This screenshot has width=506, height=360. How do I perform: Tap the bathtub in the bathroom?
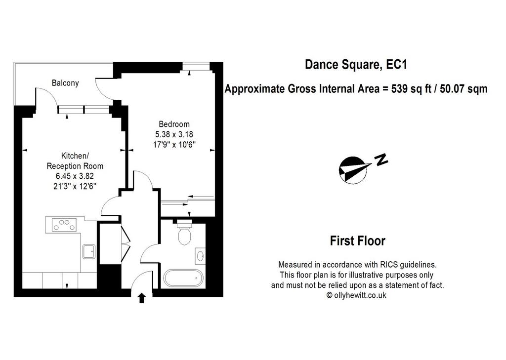pyautogui.click(x=183, y=278)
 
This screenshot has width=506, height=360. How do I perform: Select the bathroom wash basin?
pyautogui.click(x=200, y=256)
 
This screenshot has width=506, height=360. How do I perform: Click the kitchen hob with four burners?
pyautogui.click(x=65, y=225)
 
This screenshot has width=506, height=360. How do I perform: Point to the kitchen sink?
pyautogui.click(x=89, y=251)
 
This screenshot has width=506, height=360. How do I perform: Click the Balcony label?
pyautogui.click(x=65, y=83)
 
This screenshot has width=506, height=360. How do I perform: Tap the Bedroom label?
pyautogui.click(x=174, y=124)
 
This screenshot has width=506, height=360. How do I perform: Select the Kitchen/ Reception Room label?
pyautogui.click(x=75, y=161)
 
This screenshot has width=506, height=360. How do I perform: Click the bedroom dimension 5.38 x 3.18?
pyautogui.click(x=174, y=134)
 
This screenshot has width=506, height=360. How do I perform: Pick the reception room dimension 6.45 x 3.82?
pyautogui.click(x=75, y=176)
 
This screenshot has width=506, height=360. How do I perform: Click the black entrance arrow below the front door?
pyautogui.click(x=142, y=298)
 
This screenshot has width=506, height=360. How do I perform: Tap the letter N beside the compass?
pyautogui.click(x=381, y=159)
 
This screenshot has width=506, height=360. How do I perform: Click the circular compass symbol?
pyautogui.click(x=353, y=170)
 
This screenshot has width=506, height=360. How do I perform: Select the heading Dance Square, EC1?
pyautogui.click(x=356, y=65)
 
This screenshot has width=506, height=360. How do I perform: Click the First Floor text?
pyautogui.click(x=358, y=241)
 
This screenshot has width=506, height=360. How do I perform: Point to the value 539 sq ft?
pyautogui.click(x=412, y=88)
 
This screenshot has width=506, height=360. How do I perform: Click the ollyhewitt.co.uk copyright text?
pyautogui.click(x=357, y=295)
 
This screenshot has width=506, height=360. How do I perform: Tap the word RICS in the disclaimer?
pyautogui.click(x=389, y=265)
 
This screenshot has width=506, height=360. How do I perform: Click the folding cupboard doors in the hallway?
pyautogui.click(x=126, y=243)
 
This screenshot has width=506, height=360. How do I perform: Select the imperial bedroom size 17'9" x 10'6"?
pyautogui.click(x=174, y=144)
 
